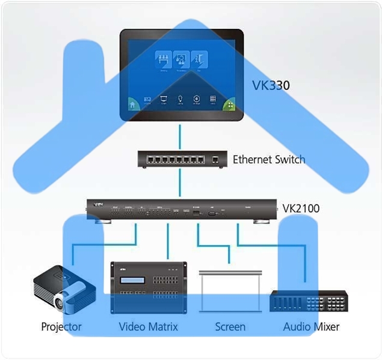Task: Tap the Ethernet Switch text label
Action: [x=268, y=160]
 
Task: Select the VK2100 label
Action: [x=301, y=209]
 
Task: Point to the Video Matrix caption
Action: [x=148, y=327]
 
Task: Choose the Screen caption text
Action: [x=230, y=327]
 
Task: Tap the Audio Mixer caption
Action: [x=311, y=327]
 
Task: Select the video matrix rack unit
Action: [x=148, y=287]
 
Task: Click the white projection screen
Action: [x=230, y=291]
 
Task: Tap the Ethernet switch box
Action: [x=180, y=159]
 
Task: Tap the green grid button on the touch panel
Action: [x=229, y=104]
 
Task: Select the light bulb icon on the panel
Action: [x=180, y=99]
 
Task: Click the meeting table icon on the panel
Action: [x=163, y=58]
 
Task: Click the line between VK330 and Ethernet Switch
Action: [x=180, y=136]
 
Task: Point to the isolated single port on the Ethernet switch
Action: [x=215, y=159]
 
